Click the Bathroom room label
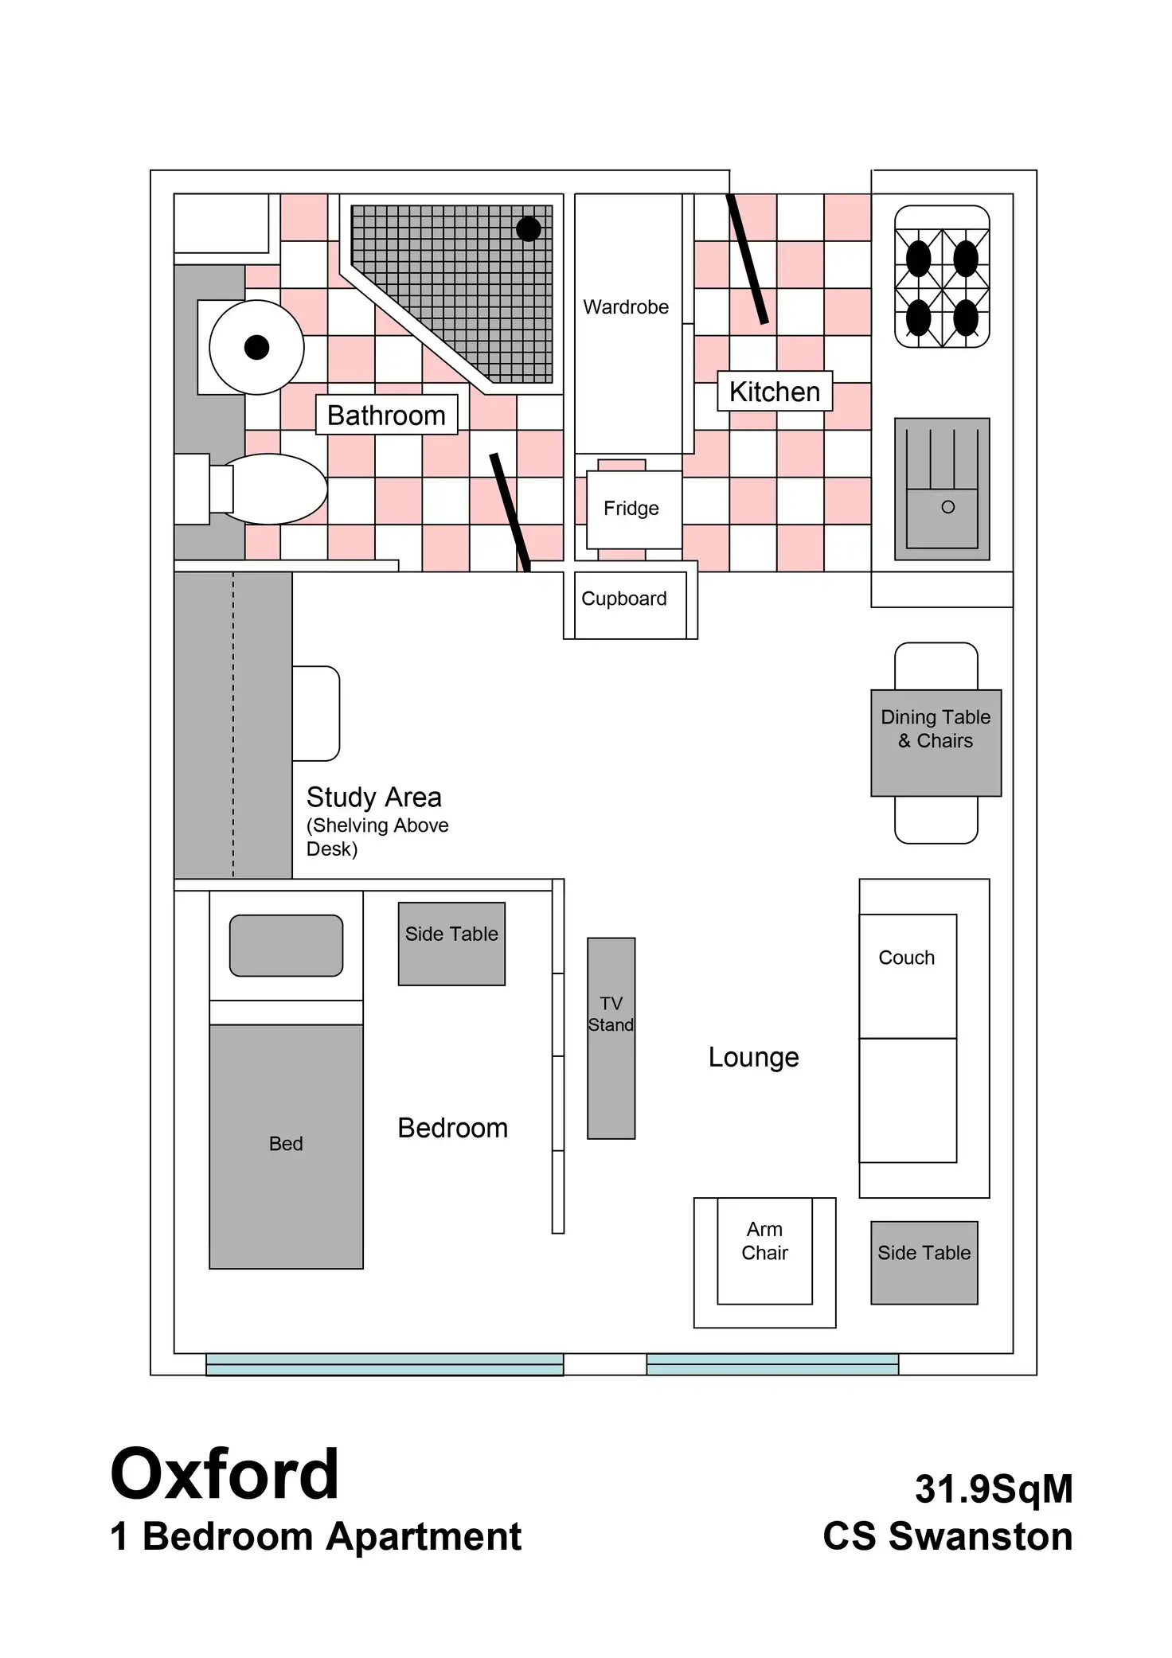[386, 415]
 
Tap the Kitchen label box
[774, 392]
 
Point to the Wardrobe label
[626, 307]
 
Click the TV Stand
[611, 1038]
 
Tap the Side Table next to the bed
[451, 943]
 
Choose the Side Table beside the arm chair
[924, 1262]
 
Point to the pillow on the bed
[286, 945]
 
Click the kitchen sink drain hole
[947, 507]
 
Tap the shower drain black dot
[529, 229]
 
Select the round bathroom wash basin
[256, 347]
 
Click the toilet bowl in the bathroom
[271, 489]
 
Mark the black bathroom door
[510, 512]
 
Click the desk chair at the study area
[316, 713]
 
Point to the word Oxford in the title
[225, 1474]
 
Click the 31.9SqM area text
[993, 1488]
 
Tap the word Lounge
[753, 1057]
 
